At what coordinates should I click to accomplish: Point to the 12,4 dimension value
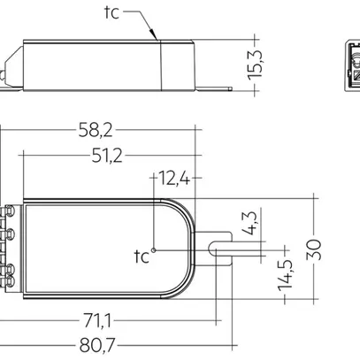[x=174, y=180]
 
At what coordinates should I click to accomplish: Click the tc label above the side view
[x=108, y=13]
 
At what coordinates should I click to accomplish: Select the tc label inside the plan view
[x=141, y=257]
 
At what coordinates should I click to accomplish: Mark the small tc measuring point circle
[x=154, y=251]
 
